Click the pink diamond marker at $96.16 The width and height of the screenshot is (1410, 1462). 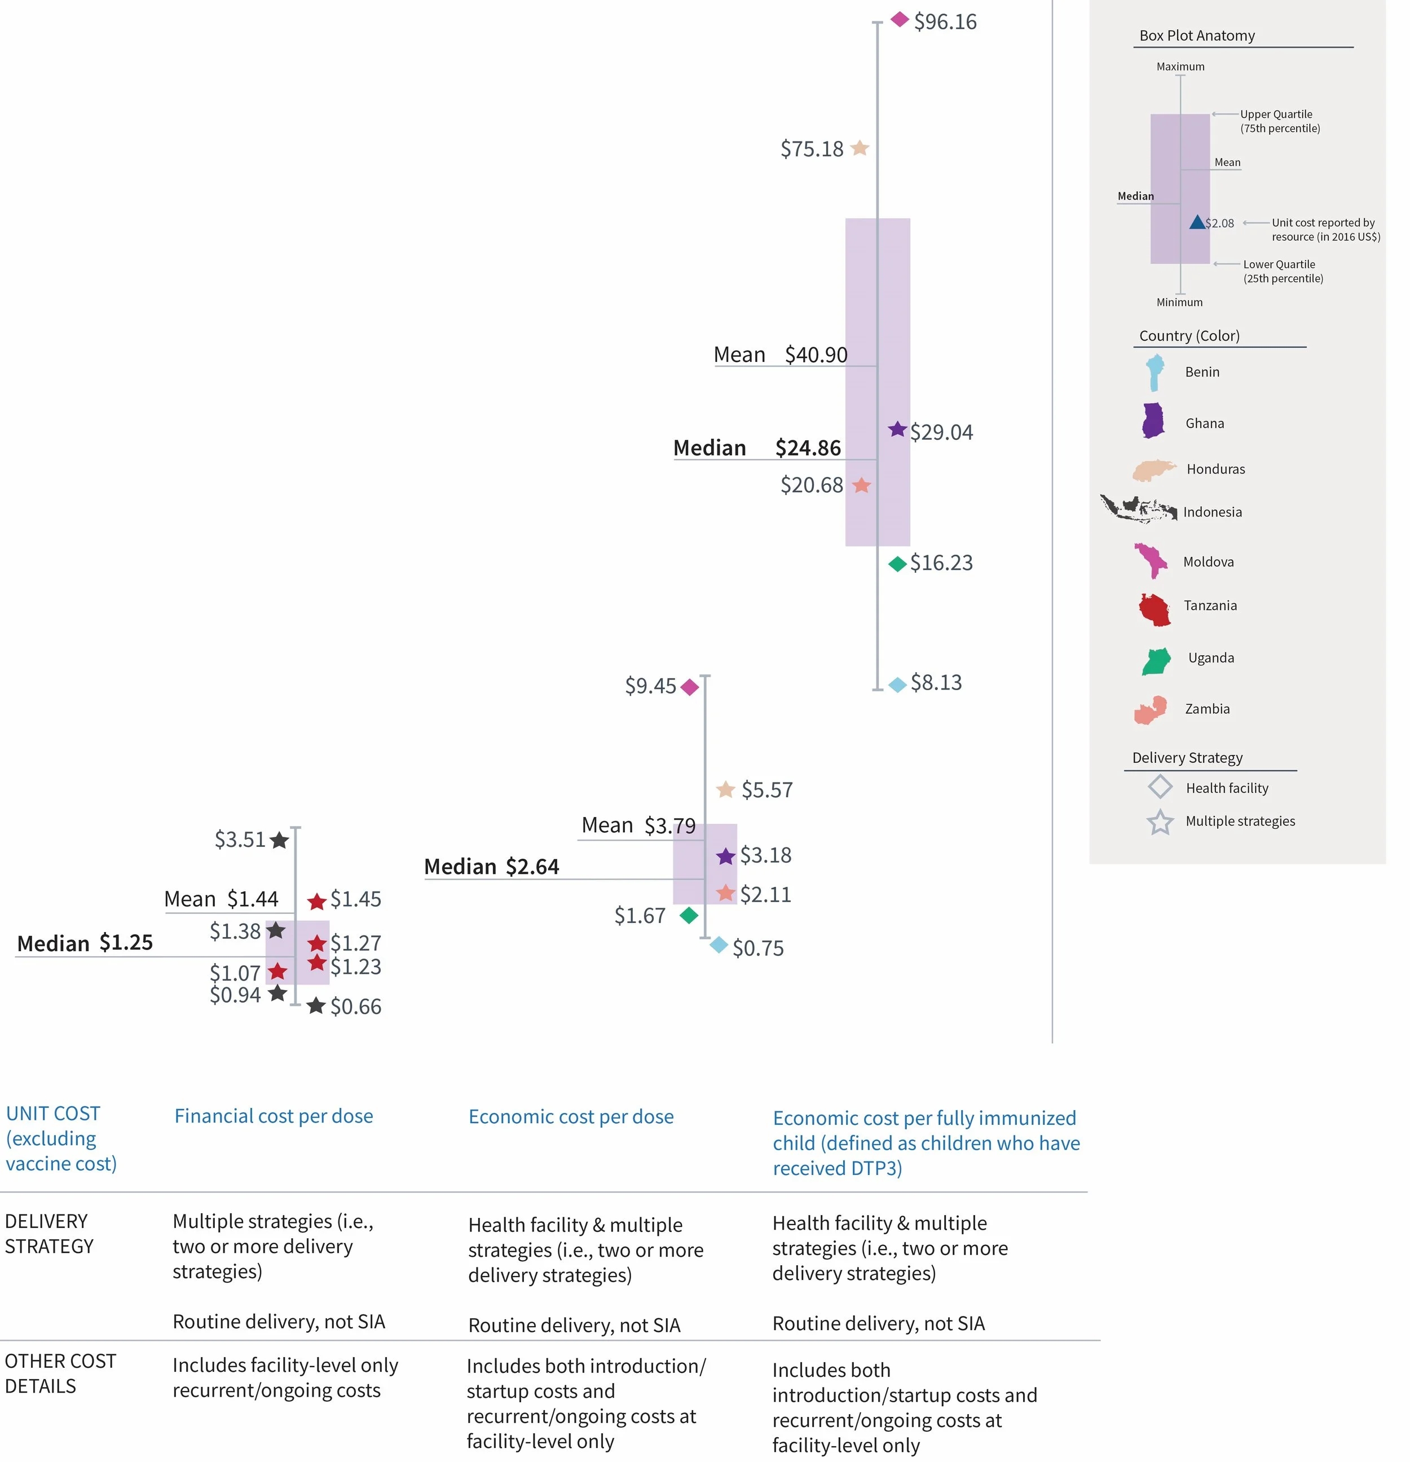[900, 19]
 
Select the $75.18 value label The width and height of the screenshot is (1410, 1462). [812, 149]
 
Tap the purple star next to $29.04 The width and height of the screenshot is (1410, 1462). [897, 430]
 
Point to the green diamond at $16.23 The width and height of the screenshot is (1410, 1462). [897, 564]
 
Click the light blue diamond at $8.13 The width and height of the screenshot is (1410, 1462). [897, 684]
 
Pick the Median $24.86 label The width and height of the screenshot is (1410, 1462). [756, 448]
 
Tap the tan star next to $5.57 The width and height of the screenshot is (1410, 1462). [725, 789]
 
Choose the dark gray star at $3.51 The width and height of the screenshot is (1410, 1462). [280, 841]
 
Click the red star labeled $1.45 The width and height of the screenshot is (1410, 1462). [317, 901]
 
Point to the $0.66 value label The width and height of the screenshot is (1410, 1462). [356, 1007]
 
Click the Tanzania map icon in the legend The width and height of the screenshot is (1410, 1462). [1154, 609]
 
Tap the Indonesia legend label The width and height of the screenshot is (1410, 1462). [1212, 512]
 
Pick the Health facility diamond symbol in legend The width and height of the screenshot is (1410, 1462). [1160, 787]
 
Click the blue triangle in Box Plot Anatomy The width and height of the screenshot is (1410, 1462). [1197, 222]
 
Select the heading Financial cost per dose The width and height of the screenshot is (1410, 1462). [274, 1116]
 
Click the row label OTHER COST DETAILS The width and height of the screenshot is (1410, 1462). [60, 1373]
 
